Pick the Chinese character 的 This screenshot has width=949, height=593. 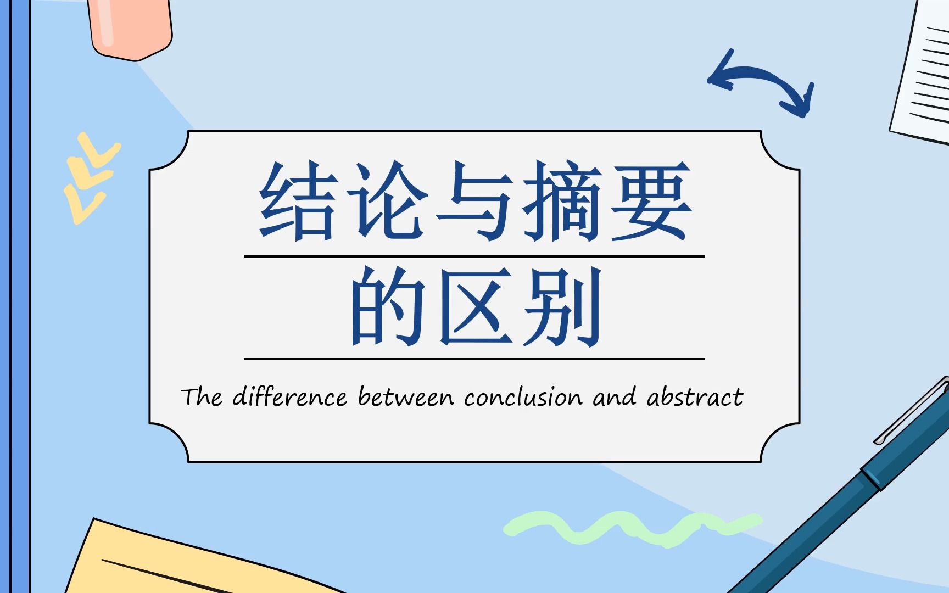pyautogui.click(x=388, y=306)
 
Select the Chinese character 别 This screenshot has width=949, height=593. pyautogui.click(x=562, y=306)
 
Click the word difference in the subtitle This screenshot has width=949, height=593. pyautogui.click(x=290, y=396)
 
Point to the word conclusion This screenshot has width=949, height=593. pyautogui.click(x=523, y=396)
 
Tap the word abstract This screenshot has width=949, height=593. pyautogui.click(x=695, y=396)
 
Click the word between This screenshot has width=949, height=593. pyautogui.click(x=406, y=396)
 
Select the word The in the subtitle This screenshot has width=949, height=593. pyautogui.click(x=202, y=396)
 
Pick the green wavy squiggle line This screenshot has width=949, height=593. pyautogui.click(x=632, y=527)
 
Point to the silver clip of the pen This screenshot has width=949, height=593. pyautogui.click(x=912, y=412)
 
